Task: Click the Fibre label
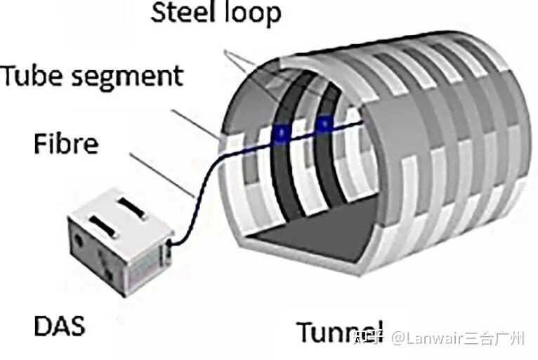66,143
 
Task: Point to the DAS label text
60,326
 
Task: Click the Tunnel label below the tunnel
340,331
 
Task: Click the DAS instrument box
120,243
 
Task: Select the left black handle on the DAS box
103,226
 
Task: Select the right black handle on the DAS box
133,208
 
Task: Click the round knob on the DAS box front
79,239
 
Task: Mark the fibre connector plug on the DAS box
168,250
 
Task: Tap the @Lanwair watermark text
458,338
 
